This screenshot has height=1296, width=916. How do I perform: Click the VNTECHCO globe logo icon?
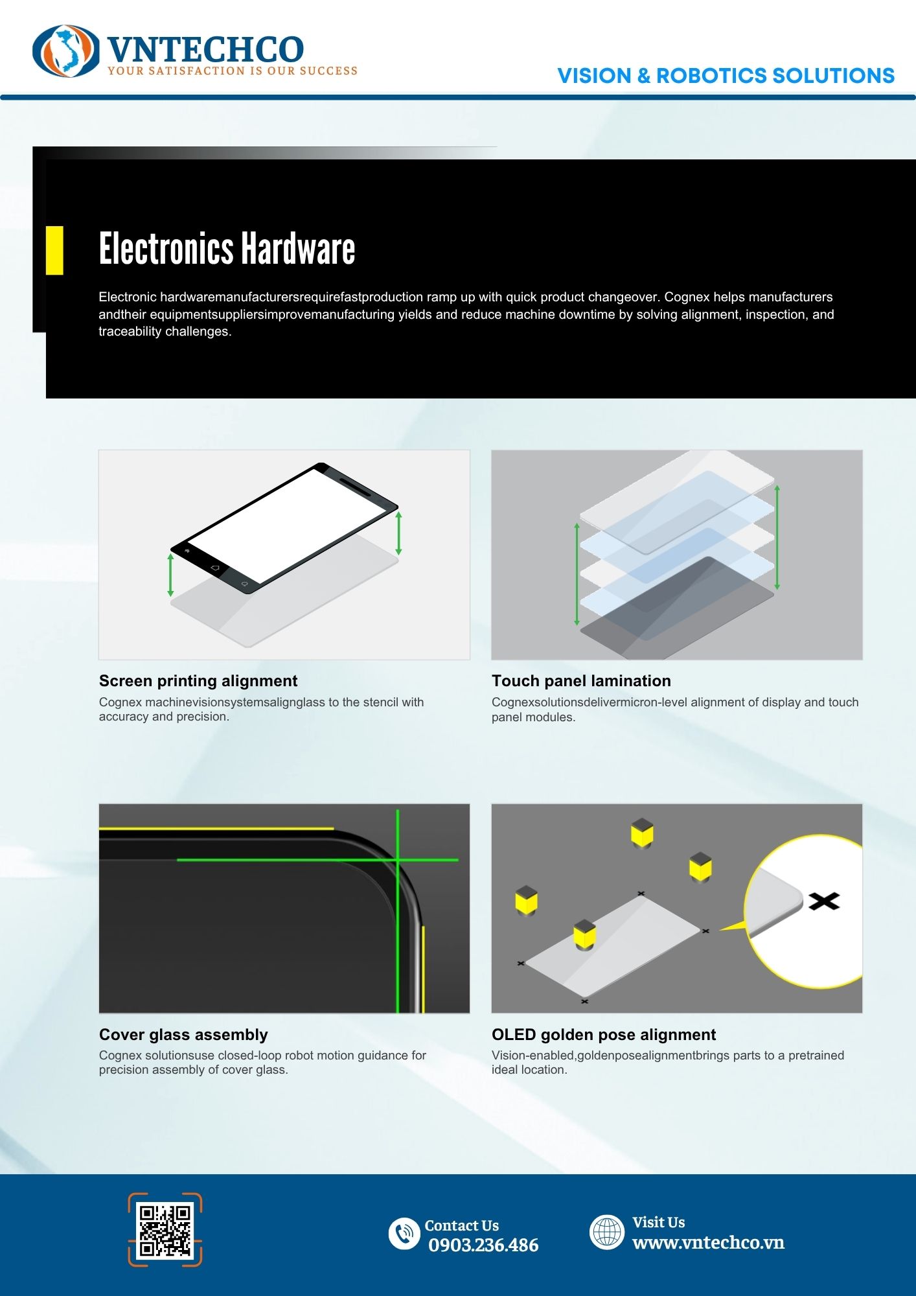66,51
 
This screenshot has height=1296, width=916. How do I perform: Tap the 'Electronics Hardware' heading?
227,249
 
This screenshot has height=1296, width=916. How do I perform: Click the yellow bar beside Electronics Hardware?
54,250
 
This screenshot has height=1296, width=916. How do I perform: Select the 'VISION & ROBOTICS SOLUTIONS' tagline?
726,76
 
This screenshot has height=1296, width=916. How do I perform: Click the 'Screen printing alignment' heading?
198,681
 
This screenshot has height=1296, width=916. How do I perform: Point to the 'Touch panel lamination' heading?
581,681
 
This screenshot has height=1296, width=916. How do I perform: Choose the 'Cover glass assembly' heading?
183,1035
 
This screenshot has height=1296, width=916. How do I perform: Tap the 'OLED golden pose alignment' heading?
604,1035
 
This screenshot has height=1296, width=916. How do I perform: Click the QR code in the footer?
165,1230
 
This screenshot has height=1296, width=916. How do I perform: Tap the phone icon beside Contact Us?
404,1233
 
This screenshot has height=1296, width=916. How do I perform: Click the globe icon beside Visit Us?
607,1232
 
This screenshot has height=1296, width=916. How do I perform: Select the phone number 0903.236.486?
483,1245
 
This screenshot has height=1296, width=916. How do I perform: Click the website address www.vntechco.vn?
708,1242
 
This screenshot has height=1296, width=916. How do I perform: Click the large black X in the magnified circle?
824,901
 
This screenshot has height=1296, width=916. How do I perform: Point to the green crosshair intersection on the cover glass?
398,860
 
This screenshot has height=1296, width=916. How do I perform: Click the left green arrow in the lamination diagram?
577,574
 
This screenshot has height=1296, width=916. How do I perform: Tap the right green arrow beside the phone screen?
399,533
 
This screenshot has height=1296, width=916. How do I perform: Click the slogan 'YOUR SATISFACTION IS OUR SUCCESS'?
233,71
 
